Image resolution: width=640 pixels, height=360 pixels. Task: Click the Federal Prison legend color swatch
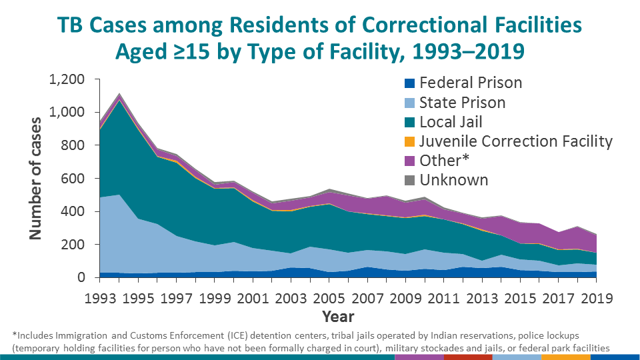click(410, 83)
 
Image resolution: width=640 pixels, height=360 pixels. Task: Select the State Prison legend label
click(462, 103)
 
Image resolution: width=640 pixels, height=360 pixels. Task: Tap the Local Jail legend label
click(451, 122)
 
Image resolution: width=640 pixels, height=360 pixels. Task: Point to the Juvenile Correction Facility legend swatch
click(410, 141)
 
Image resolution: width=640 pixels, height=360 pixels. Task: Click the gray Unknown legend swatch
click(410, 180)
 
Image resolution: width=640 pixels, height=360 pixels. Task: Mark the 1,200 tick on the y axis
click(66, 80)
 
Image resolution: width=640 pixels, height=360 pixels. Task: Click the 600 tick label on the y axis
click(73, 179)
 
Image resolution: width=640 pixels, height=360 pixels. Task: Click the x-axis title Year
click(338, 316)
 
